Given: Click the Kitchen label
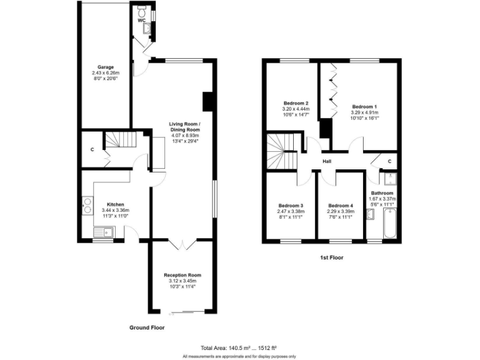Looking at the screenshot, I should click(116, 204).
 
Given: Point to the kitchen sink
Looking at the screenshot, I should click(103, 233).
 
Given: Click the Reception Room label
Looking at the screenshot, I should click(182, 275).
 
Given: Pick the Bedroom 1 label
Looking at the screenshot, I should click(364, 106).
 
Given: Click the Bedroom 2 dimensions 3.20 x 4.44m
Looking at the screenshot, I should click(296, 109).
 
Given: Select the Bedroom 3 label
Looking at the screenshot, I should click(291, 206).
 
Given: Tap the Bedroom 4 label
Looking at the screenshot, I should click(341, 206).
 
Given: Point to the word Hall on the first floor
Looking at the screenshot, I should click(327, 161).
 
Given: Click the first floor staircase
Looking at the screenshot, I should click(277, 153).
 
